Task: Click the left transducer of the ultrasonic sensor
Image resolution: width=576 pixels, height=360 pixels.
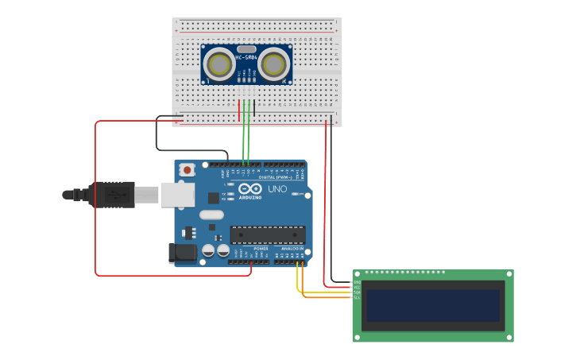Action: click(x=220, y=65)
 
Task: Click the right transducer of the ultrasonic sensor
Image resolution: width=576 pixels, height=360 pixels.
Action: click(x=273, y=65)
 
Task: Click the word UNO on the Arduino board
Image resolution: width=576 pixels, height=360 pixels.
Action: click(x=277, y=189)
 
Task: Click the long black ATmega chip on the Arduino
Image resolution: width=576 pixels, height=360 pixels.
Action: click(x=268, y=234)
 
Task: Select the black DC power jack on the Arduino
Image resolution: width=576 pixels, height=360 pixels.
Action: click(x=183, y=253)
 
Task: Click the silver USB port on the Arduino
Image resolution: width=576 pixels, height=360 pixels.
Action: click(x=177, y=195)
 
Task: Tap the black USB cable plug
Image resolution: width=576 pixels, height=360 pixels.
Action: click(x=111, y=195)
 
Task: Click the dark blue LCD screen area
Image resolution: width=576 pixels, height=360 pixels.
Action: click(x=433, y=305)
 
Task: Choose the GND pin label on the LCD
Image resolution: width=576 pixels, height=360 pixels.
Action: click(x=357, y=282)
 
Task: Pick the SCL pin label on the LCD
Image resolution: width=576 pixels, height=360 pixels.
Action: click(x=357, y=297)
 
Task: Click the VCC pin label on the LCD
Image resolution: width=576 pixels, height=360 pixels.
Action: click(x=357, y=287)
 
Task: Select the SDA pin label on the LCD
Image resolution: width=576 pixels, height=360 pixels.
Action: click(x=357, y=292)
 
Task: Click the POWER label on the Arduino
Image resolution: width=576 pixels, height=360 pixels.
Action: click(x=261, y=248)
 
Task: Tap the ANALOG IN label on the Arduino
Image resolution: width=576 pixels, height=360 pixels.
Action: click(x=291, y=248)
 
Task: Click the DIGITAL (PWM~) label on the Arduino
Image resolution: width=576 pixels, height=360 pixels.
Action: click(x=272, y=177)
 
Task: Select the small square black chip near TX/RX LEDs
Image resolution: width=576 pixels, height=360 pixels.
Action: click(x=213, y=198)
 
